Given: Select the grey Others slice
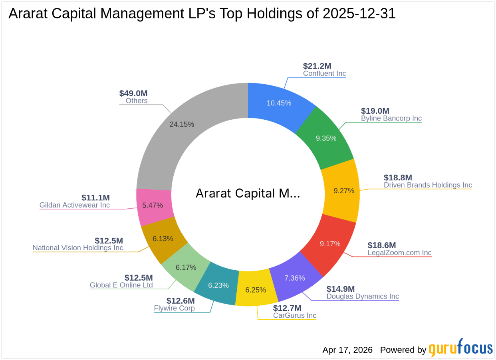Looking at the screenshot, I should pos(182,124).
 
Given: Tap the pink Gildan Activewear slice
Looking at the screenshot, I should pos(153,206).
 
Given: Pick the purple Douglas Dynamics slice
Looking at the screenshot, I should pos(294,278).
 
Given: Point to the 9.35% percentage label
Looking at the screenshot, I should pos(326,138).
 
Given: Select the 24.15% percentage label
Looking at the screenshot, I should pos(182,124).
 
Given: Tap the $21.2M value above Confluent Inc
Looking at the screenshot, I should pos(317,66).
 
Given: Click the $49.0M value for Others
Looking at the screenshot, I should pos(133,93).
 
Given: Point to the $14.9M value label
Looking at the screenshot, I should pos(341,289).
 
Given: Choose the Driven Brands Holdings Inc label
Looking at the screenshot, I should pos(428,185).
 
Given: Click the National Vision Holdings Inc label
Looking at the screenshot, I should pos(78,248).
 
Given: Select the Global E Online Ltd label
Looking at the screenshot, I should pos(121,285).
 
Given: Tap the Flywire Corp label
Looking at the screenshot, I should pos(175,308).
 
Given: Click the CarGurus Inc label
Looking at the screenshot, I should pos(295,316).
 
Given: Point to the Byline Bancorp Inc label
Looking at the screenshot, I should pos(391,119).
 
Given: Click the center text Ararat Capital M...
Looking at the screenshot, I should pos(248,194).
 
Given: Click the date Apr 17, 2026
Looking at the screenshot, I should pos(347,350).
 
